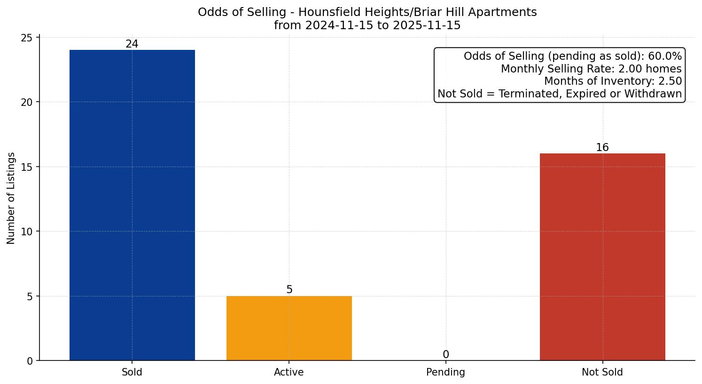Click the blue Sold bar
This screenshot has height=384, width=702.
click(x=132, y=205)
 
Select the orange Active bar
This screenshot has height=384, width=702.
click(x=289, y=328)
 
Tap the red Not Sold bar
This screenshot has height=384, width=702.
click(x=602, y=257)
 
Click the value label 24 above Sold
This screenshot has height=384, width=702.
click(x=132, y=44)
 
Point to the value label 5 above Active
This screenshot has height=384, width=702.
click(x=289, y=290)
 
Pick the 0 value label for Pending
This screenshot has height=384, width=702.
click(x=446, y=354)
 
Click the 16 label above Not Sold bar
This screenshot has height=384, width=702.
click(x=602, y=148)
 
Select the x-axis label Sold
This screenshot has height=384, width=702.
click(x=132, y=372)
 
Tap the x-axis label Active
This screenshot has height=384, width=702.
click(x=289, y=372)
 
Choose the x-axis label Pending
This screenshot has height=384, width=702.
click(x=445, y=372)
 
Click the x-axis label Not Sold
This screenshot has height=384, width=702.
click(x=602, y=372)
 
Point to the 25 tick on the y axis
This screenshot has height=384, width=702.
click(x=27, y=38)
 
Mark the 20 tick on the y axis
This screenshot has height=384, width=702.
click(x=27, y=102)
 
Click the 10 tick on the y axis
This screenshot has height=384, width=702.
click(x=27, y=232)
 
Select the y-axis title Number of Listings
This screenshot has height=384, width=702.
click(x=11, y=198)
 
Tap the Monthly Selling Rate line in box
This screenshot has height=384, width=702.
click(x=591, y=69)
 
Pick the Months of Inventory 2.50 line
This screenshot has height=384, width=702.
click(x=613, y=81)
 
